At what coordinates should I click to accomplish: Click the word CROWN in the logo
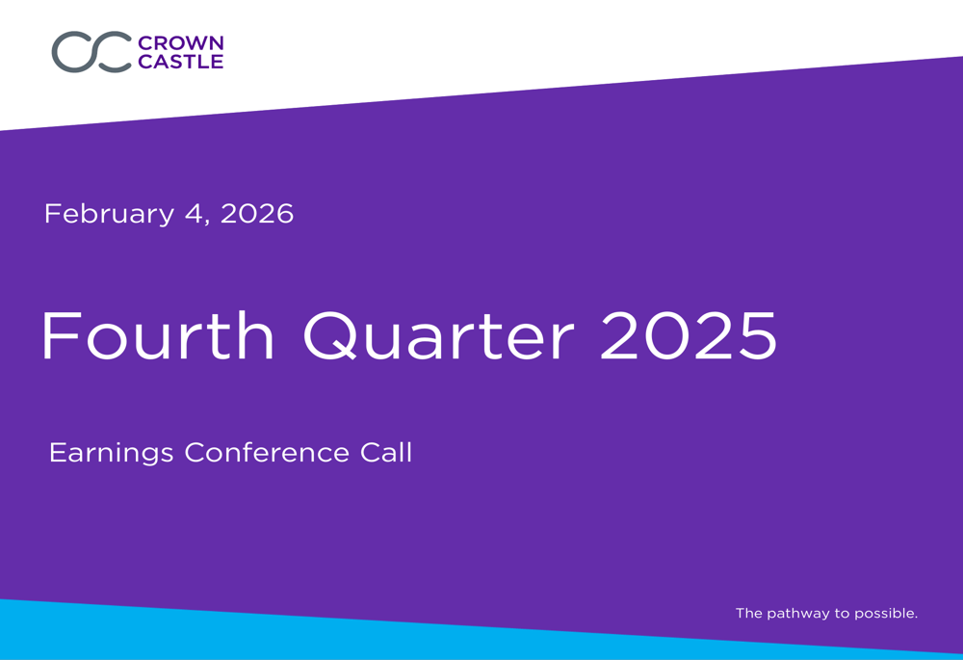coord(181,43)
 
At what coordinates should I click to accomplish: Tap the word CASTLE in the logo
coord(181,62)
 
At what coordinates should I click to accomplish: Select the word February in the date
coord(110,215)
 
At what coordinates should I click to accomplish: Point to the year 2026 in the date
coord(257,213)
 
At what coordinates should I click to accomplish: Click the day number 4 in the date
coord(194,213)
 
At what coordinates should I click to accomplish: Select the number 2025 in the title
coord(689,335)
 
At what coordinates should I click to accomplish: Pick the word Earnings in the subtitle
coord(111,454)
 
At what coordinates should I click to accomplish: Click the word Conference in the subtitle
coord(267,452)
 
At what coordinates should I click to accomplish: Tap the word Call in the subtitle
coord(386,452)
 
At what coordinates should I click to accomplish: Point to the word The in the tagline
coord(748,613)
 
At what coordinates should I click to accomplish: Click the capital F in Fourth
coord(62,335)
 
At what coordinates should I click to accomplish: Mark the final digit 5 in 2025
coord(758,335)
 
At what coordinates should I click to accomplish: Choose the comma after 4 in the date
coord(207,224)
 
